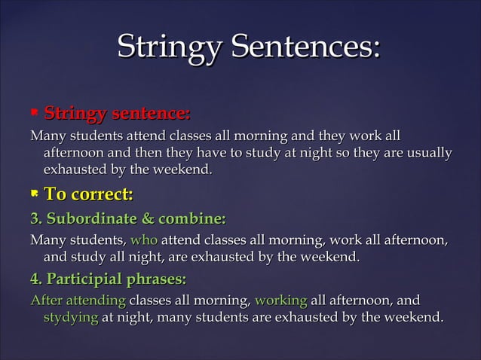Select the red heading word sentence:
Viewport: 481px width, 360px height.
click(150, 114)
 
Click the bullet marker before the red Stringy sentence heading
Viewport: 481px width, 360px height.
click(33, 114)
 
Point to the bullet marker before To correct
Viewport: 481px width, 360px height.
click(33, 195)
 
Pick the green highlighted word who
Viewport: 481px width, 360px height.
click(143, 242)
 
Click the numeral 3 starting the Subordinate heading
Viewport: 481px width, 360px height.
click(34, 220)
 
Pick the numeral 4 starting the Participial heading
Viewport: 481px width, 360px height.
click(34, 280)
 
